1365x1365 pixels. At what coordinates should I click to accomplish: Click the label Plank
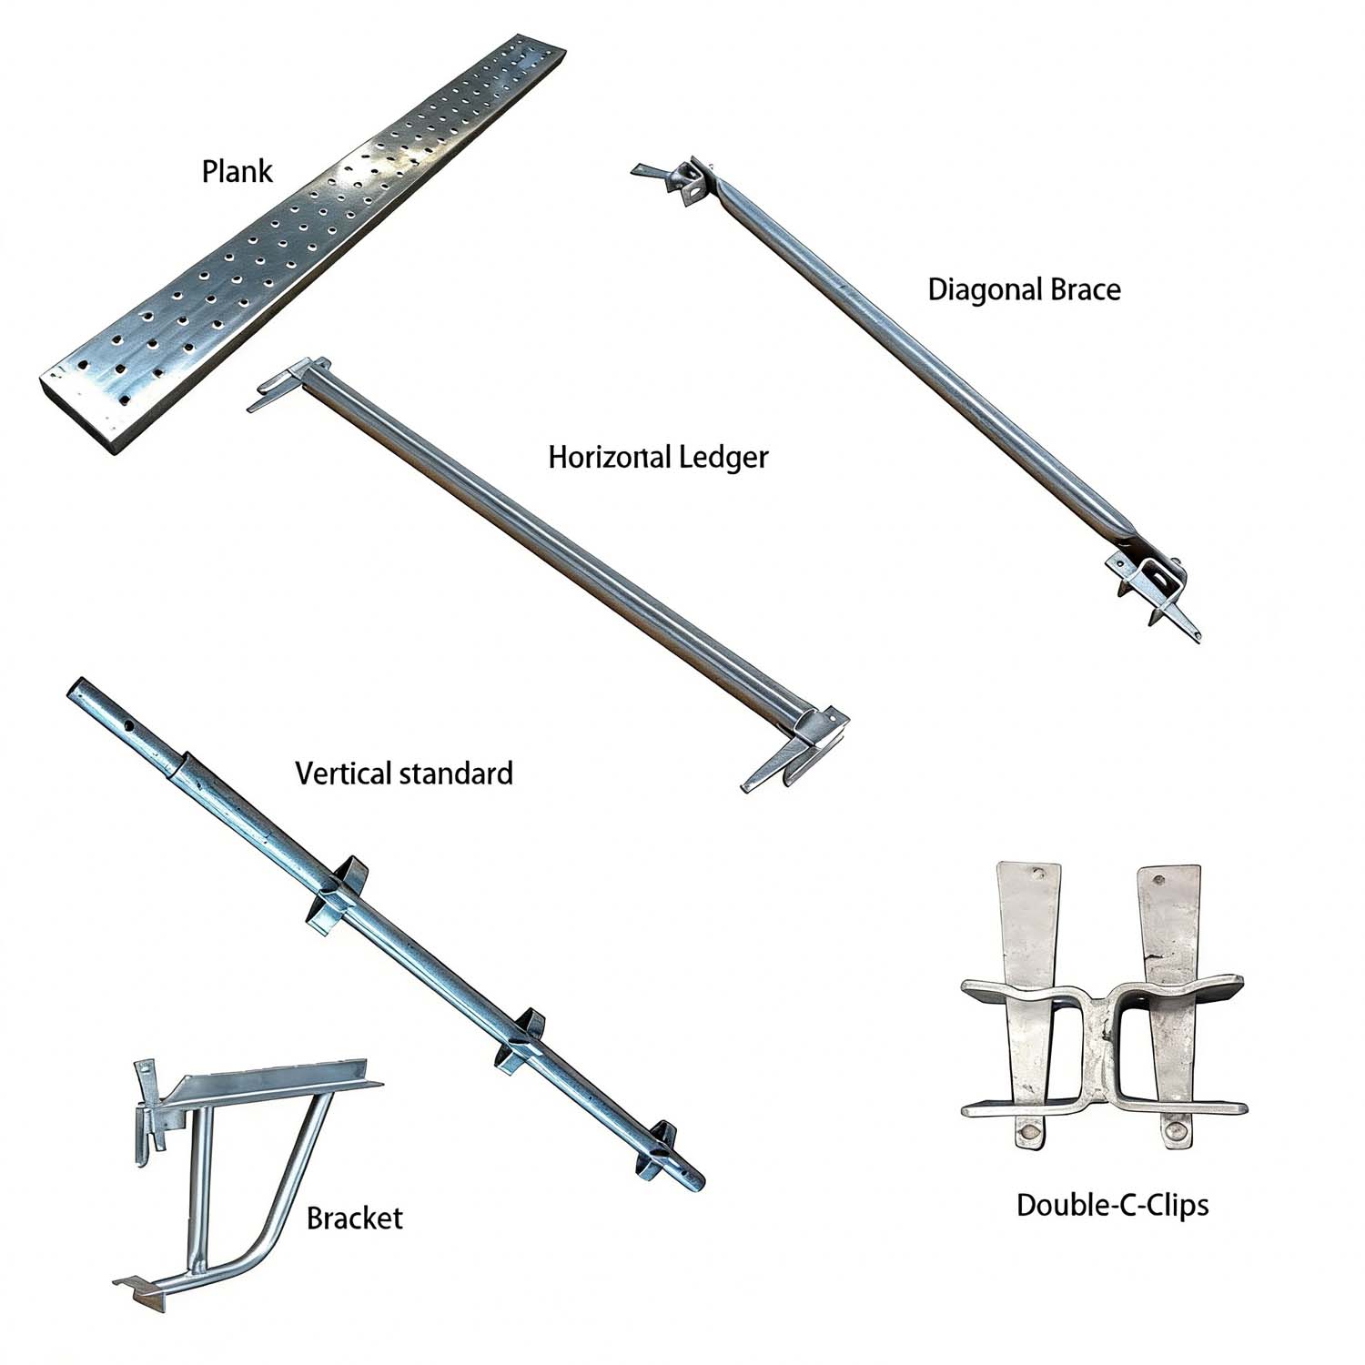237,171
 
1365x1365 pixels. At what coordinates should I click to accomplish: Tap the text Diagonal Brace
1024,289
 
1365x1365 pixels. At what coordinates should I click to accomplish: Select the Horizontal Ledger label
658,457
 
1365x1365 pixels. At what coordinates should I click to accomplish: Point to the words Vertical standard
404,773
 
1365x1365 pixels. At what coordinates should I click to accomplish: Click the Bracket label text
354,1218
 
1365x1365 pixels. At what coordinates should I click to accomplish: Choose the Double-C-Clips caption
1112,1205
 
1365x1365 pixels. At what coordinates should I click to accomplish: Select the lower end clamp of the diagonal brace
1151,587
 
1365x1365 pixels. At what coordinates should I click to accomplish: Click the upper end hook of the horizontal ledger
287,382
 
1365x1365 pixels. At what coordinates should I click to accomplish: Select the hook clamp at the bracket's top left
150,1110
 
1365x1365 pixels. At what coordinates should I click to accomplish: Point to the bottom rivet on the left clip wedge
1029,1133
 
